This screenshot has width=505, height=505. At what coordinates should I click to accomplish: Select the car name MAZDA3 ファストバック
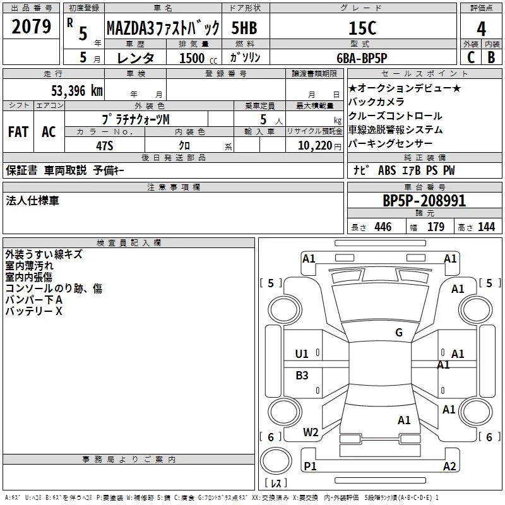point(163,28)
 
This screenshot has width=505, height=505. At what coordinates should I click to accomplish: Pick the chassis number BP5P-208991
point(424,201)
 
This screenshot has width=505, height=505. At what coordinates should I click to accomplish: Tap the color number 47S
point(105,145)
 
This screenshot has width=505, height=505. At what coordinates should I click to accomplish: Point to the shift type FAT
point(18,132)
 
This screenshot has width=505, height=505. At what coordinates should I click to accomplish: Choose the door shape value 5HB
point(244,28)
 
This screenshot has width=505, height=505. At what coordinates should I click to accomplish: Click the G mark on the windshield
point(399,333)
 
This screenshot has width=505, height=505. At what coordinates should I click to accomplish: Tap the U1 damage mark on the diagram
point(302,354)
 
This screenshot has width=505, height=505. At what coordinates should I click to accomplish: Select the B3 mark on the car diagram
point(302,376)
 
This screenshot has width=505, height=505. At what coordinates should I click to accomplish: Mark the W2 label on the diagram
point(311,432)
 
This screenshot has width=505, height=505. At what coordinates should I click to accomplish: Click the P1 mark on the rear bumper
point(309,466)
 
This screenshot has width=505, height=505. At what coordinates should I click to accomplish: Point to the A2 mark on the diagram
point(449,466)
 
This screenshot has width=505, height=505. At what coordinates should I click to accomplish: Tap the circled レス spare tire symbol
point(276,465)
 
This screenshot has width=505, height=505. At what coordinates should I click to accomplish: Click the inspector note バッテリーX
point(34,312)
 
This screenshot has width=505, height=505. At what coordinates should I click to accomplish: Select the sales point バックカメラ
point(376,102)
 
